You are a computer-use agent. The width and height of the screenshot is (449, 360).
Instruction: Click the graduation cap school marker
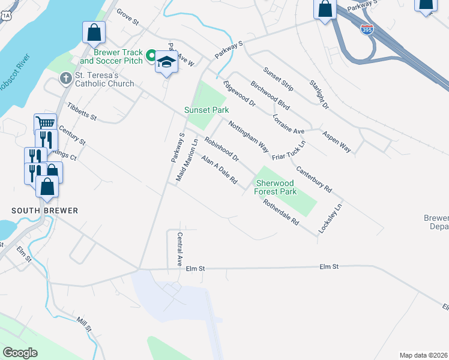pyautogui.click(x=166, y=62)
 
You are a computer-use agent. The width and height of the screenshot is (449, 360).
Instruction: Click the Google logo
pyautogui.click(x=20, y=353)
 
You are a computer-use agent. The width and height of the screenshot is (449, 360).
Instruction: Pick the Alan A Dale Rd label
pyautogui.click(x=220, y=170)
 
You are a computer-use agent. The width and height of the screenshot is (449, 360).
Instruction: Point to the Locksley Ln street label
pyautogui.click(x=338, y=215)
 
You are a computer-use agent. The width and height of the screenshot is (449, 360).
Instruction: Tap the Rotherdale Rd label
pyautogui.click(x=281, y=212)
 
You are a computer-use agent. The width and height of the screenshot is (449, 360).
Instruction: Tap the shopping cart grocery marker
pyautogui.click(x=45, y=123)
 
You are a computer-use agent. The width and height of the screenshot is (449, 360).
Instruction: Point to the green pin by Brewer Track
pyautogui.click(x=151, y=55)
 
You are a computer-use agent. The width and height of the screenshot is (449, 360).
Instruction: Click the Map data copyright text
pyautogui.click(x=423, y=355)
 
